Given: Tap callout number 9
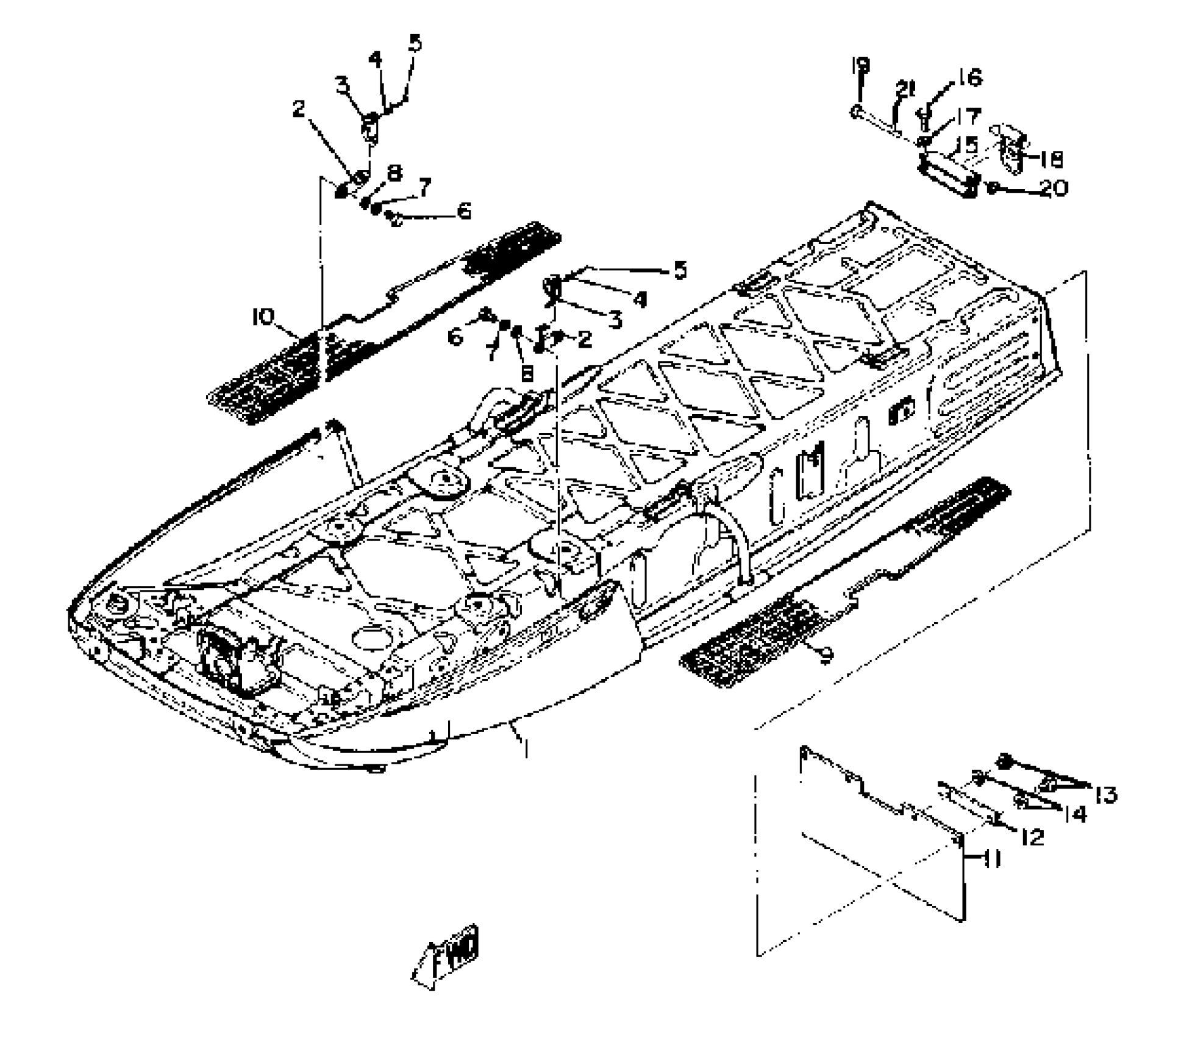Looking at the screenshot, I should click(x=826, y=656).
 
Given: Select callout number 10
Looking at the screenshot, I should click(x=263, y=317).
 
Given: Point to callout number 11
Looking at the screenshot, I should click(x=991, y=860).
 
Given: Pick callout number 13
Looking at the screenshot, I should click(x=1105, y=795).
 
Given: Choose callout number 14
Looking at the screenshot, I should click(x=1075, y=814).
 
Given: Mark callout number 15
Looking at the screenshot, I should click(x=967, y=145).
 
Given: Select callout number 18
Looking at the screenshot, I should click(x=1051, y=160).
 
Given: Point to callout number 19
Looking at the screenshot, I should click(x=860, y=65).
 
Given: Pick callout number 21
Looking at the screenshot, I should click(x=905, y=90).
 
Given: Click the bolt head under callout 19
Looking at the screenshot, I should click(x=856, y=112).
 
